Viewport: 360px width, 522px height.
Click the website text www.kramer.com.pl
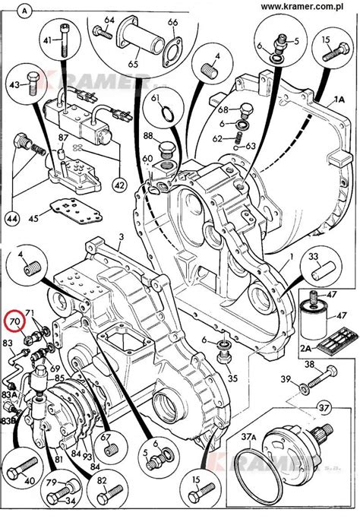click(308, 7)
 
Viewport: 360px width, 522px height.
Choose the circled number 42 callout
click(118, 185)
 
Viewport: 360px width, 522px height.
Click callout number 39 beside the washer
click(285, 379)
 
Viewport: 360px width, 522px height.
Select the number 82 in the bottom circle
click(102, 482)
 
